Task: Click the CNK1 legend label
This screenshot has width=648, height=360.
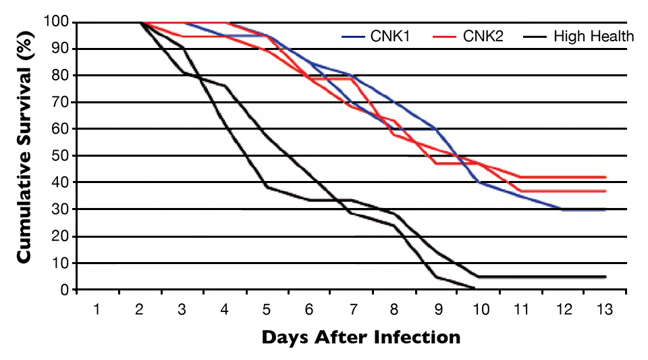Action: point(385,36)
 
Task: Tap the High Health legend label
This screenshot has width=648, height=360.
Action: point(593,36)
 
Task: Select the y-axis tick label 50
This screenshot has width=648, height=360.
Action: point(61,156)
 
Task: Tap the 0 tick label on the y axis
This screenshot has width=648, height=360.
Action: point(64,290)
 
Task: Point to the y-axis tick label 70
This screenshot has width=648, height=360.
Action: point(61,103)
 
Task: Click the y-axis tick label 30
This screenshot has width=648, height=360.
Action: point(61,209)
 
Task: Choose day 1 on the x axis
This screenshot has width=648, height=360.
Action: point(97,309)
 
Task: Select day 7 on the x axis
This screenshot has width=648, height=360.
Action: point(351,309)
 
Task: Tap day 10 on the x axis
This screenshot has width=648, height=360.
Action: point(479,309)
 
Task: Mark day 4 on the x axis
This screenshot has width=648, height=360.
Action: point(223,309)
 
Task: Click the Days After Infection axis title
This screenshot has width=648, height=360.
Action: point(360,336)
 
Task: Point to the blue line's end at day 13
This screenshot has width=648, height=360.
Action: point(605,210)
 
